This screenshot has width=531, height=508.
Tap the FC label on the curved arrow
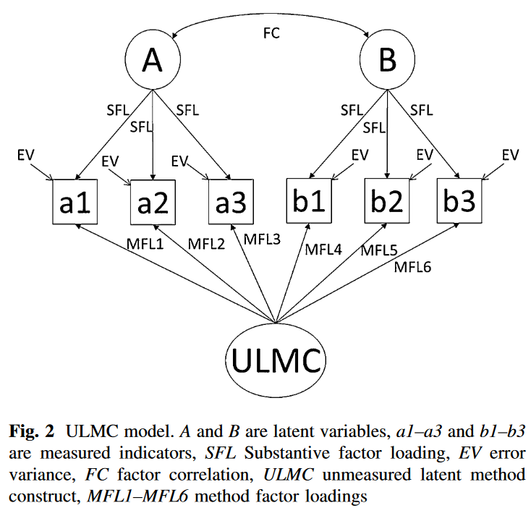(x=271, y=33)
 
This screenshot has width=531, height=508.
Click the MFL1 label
(x=145, y=244)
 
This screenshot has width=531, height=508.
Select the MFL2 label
(x=206, y=244)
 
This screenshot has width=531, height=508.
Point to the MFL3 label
(x=262, y=240)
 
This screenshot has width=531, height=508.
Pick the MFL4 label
(x=323, y=250)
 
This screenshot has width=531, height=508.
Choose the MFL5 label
(x=379, y=250)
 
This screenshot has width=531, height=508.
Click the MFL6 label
(x=412, y=268)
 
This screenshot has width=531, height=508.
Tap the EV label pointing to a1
(x=26, y=155)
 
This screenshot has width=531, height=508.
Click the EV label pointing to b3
(x=510, y=155)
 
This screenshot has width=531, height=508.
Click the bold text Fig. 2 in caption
(x=32, y=432)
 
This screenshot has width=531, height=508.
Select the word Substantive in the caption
(x=286, y=453)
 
